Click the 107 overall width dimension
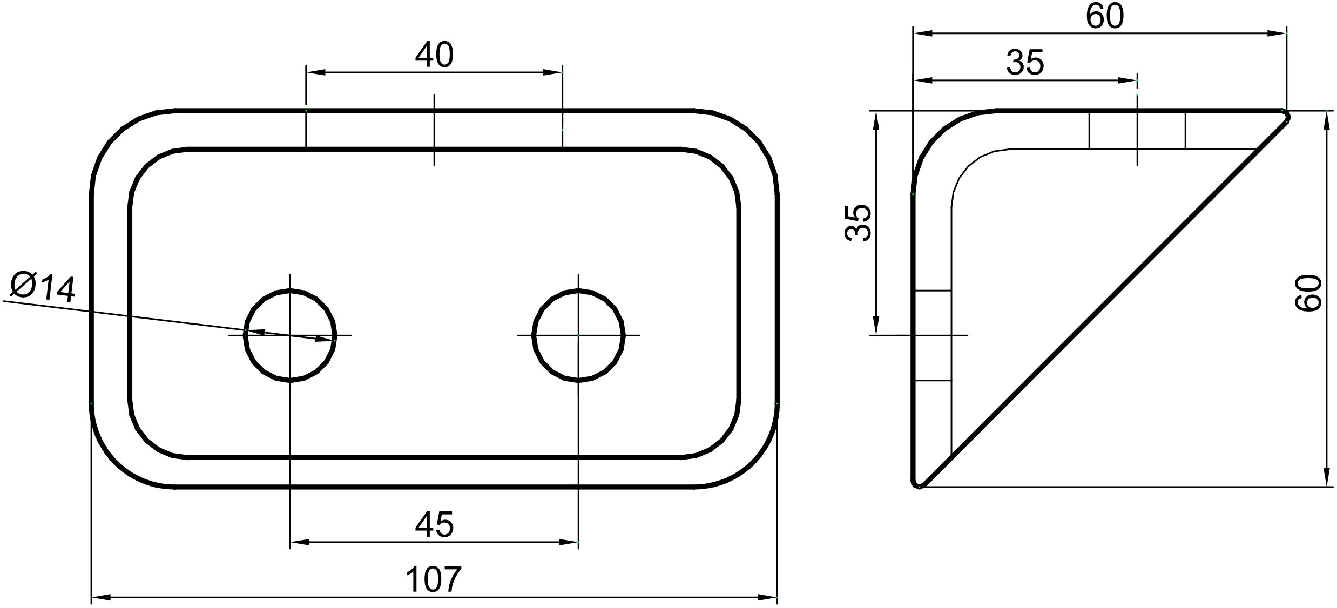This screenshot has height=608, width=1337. click(434, 579)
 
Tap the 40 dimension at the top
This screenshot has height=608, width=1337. click(434, 55)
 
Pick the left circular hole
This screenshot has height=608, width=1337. click(290, 335)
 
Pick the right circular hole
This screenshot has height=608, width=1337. click(578, 335)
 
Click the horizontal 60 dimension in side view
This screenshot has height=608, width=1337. click(1105, 16)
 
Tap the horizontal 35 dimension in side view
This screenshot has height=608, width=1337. click(1025, 63)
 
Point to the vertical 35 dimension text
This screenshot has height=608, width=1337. click(858, 222)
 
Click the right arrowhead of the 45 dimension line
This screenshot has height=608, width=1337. click(569, 542)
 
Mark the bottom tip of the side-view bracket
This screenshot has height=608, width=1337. click(919, 486)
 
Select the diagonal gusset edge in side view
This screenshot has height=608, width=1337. click(1102, 302)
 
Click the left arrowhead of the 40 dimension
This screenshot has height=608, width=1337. click(316, 72)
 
